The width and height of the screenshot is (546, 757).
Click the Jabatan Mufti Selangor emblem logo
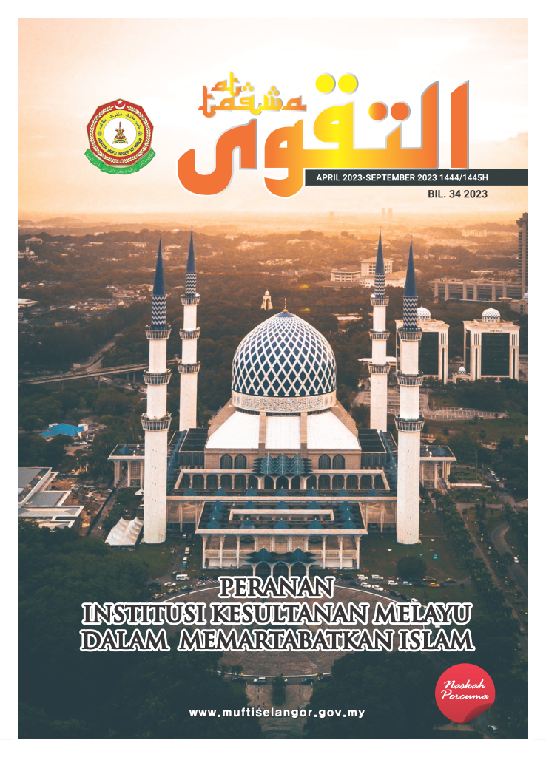120,135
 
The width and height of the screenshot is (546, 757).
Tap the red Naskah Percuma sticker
464,693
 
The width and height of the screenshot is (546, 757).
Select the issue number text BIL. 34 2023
457,194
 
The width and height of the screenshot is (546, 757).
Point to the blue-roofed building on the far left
64,430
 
